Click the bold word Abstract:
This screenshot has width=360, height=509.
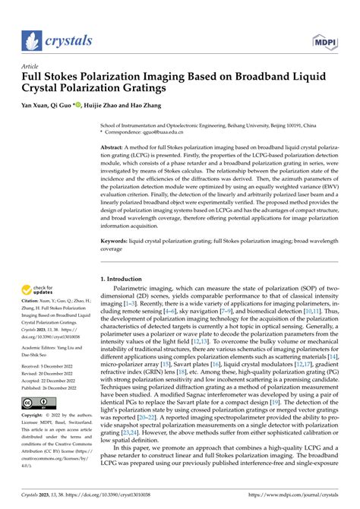116,146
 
